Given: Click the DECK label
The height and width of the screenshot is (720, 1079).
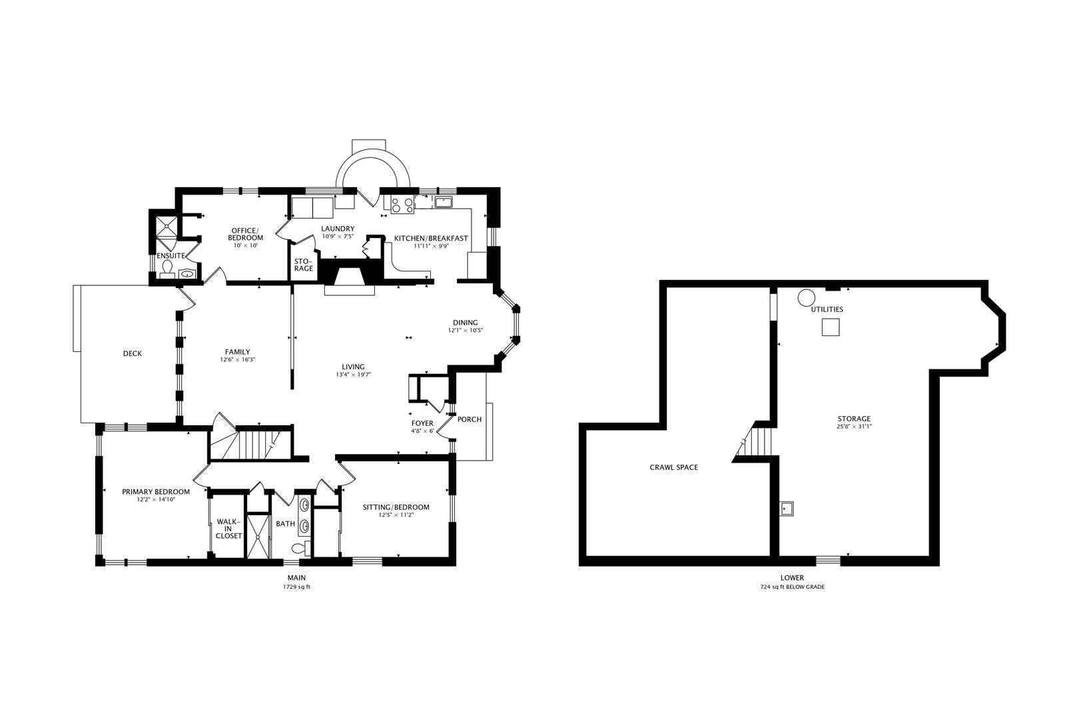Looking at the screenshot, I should pyautogui.click(x=133, y=354).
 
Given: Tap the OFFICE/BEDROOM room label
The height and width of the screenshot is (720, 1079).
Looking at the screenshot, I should pyautogui.click(x=246, y=234).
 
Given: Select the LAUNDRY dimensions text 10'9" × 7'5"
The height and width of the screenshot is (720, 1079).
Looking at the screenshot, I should pyautogui.click(x=338, y=236).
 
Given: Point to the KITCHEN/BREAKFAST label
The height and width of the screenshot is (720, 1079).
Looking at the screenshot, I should pyautogui.click(x=431, y=238).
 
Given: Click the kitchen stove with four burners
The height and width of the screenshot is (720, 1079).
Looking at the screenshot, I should pyautogui.click(x=402, y=205).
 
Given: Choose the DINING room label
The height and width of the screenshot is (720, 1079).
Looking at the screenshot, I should pyautogui.click(x=465, y=323).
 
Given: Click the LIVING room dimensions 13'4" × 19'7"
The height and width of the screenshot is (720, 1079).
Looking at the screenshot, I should pyautogui.click(x=353, y=375).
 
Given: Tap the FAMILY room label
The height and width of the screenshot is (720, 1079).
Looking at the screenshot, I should pyautogui.click(x=237, y=352).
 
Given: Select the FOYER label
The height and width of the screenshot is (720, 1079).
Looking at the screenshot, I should pyautogui.click(x=422, y=423).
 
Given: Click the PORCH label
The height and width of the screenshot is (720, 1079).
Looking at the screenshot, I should pyautogui.click(x=470, y=419).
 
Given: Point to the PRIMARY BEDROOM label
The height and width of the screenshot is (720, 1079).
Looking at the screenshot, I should pyautogui.click(x=156, y=492).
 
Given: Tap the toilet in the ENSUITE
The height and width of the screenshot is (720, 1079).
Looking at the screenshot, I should pyautogui.click(x=167, y=269).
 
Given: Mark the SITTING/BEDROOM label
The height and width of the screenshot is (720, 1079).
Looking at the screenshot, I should pyautogui.click(x=396, y=507).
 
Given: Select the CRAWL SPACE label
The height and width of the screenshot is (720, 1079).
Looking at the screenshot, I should pyautogui.click(x=673, y=467).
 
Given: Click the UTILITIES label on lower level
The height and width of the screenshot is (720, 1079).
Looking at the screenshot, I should pyautogui.click(x=827, y=309).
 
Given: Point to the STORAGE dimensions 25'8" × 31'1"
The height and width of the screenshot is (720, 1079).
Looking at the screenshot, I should pyautogui.click(x=855, y=426).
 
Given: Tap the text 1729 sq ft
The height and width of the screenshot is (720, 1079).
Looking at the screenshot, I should pyautogui.click(x=296, y=587).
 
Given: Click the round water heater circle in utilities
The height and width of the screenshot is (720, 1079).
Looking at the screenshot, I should pyautogui.click(x=807, y=297).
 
